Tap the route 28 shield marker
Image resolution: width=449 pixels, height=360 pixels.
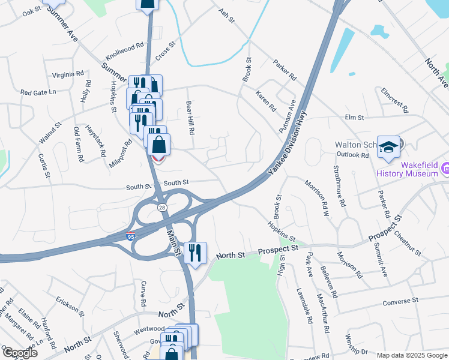click(162, 207)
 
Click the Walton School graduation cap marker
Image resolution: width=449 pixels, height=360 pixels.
click(388, 147)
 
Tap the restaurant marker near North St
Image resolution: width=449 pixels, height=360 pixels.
click(195, 252)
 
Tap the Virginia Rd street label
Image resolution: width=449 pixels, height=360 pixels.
click(67, 75)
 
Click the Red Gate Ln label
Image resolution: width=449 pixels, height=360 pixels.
click(38, 92)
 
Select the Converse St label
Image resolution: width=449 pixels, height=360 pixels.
click(400, 300)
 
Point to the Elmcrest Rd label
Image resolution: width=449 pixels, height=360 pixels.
click(394, 100)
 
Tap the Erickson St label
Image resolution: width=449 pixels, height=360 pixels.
click(67, 303)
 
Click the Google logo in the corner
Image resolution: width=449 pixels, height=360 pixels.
click(20, 353)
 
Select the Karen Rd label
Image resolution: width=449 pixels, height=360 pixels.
click(265, 101)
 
